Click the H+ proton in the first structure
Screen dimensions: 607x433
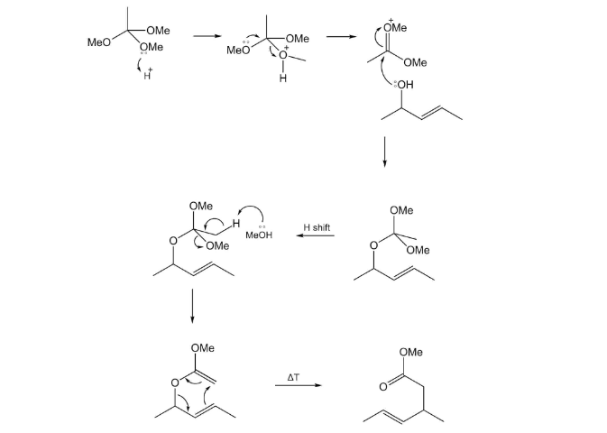(x=146, y=74)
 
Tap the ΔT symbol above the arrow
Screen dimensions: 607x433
(x=296, y=373)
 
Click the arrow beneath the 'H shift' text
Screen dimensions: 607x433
(x=316, y=237)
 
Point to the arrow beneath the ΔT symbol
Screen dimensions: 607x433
(x=297, y=386)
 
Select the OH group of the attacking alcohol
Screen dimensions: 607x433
(x=402, y=86)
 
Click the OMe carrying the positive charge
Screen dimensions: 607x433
(x=395, y=28)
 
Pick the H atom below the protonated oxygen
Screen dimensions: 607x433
(x=282, y=78)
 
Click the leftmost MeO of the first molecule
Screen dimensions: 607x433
(x=97, y=41)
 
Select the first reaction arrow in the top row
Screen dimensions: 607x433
(x=207, y=37)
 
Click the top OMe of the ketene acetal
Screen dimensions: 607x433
(x=202, y=348)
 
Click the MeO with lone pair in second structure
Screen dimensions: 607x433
(x=237, y=51)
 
